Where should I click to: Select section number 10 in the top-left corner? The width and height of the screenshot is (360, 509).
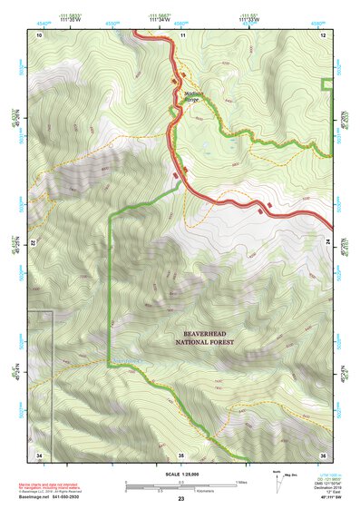(39, 34)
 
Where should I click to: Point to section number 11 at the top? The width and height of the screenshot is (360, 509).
(181, 34)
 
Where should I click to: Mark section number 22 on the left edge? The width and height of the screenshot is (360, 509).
(34, 243)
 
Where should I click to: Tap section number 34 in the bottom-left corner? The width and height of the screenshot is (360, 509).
(39, 454)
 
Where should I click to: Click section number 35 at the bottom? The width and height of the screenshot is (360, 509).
(181, 454)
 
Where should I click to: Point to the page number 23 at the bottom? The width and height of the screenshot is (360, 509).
(180, 500)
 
